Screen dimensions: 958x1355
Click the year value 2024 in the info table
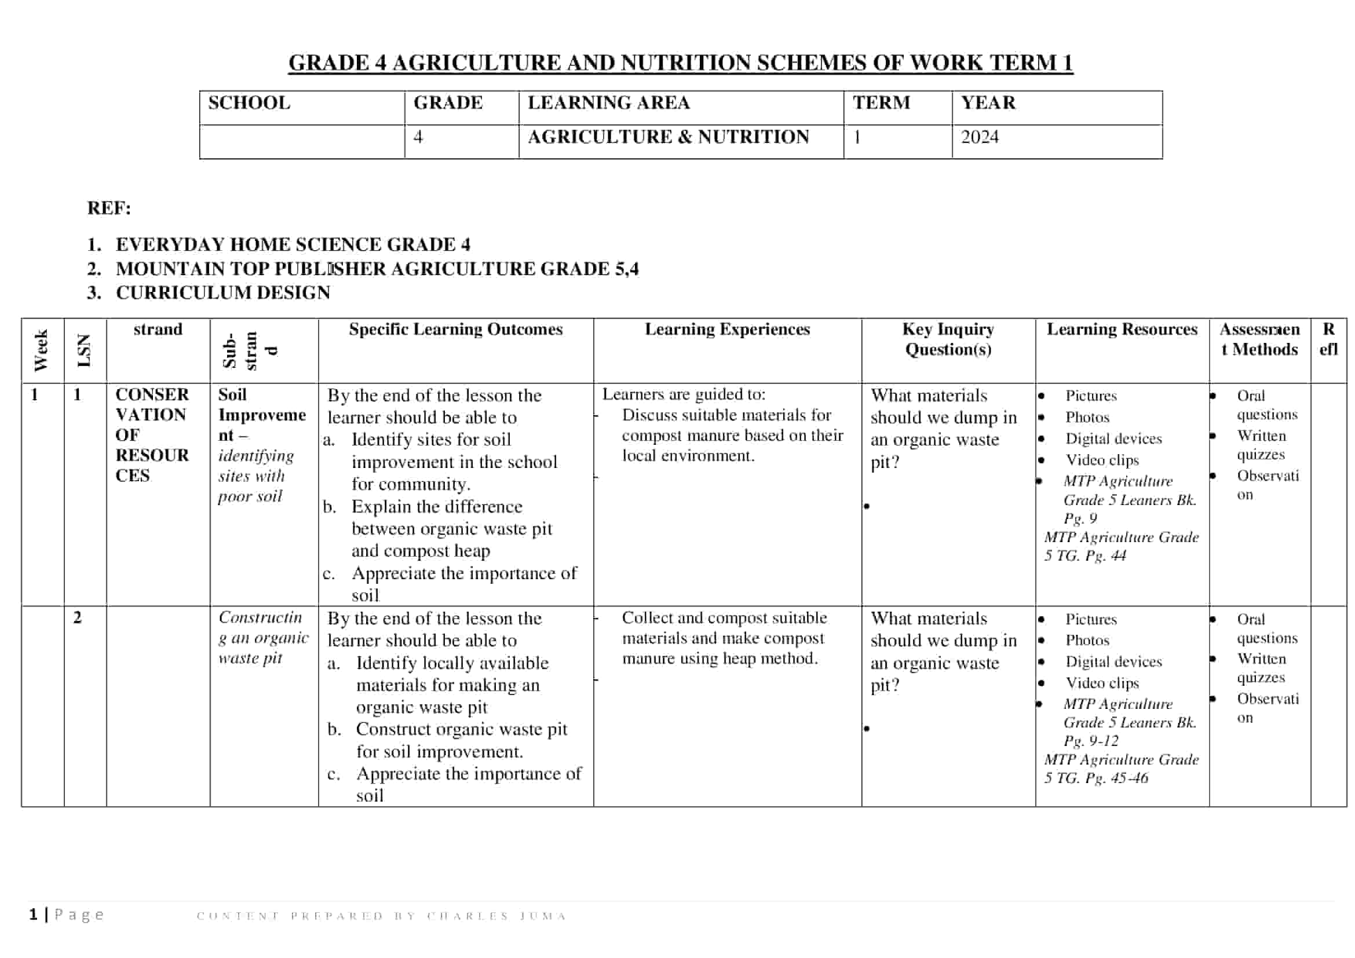(x=979, y=137)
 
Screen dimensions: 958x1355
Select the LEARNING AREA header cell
(x=608, y=103)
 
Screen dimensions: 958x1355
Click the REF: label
(x=108, y=209)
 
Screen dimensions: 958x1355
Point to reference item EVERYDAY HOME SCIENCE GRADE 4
(x=293, y=244)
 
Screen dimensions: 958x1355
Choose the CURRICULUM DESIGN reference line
(x=222, y=292)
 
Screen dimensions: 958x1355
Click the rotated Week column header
(x=41, y=350)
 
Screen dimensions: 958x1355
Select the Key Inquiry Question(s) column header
(x=948, y=339)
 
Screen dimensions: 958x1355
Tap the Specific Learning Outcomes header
(x=455, y=329)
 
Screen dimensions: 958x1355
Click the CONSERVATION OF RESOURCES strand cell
(x=152, y=435)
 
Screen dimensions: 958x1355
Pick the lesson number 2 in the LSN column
(x=77, y=617)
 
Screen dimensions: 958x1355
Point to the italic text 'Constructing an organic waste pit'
(x=262, y=638)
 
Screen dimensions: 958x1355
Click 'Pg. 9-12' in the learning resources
(x=1091, y=741)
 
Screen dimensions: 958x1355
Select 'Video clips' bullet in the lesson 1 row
(x=1102, y=460)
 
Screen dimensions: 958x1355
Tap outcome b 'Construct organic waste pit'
(x=461, y=730)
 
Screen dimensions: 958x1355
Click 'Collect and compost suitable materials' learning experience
(x=724, y=618)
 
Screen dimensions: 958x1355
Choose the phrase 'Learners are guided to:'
(x=684, y=394)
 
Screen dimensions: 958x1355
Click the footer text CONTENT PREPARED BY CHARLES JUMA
(x=381, y=916)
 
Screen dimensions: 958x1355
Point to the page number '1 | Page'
(x=67, y=915)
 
